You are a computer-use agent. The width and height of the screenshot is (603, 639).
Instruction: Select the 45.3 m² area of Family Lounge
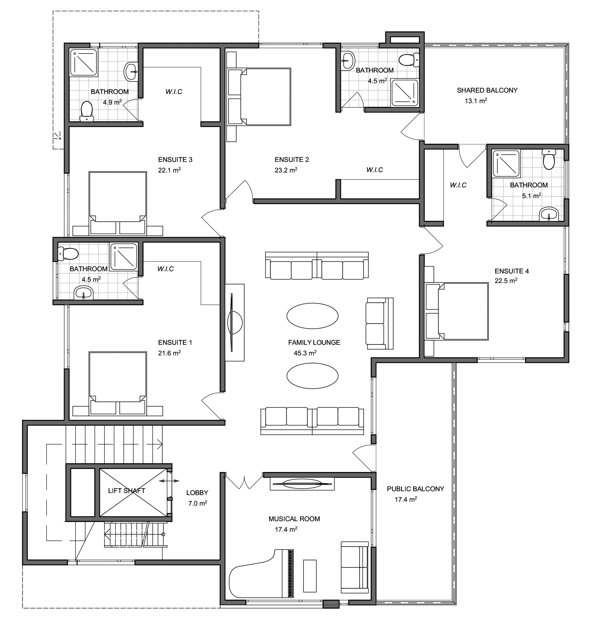pos(305,353)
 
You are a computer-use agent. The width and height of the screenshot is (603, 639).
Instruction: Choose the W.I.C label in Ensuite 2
pos(375,170)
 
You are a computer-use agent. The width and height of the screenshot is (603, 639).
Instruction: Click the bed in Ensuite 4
pos(457,311)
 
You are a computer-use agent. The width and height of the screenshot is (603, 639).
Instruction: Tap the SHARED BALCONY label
pos(487,90)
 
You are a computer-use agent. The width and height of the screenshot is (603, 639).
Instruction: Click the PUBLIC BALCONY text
pos(415,489)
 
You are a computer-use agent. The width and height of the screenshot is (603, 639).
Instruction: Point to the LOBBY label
pos(197,493)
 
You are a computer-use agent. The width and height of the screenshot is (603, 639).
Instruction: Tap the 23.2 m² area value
pos(286,170)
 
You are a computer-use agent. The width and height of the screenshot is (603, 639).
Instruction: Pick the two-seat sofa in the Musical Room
pos(355,567)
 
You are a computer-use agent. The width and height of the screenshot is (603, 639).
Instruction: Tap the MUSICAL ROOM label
pos(294,519)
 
